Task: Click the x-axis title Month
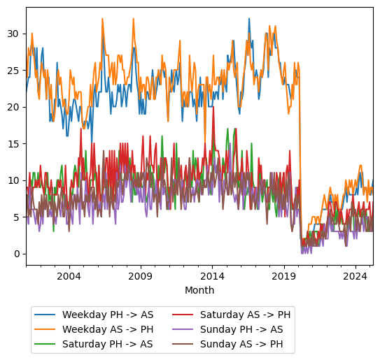pyautogui.click(x=199, y=290)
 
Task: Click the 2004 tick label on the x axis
pyautogui.click(x=69, y=276)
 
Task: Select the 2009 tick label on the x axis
pyautogui.click(x=141, y=276)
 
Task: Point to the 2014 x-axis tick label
pyautogui.click(x=213, y=276)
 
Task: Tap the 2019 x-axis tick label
pyautogui.click(x=284, y=276)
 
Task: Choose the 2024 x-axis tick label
pyautogui.click(x=356, y=276)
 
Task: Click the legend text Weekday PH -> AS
pyautogui.click(x=107, y=315)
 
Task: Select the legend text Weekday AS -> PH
pyautogui.click(x=107, y=329)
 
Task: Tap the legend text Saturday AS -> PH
pyautogui.click(x=245, y=315)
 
